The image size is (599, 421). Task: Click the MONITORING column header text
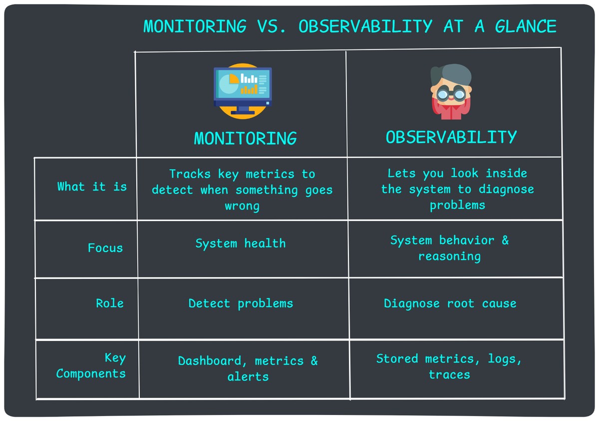245,138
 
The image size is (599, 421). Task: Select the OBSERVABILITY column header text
451,137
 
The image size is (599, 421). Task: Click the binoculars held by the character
451,93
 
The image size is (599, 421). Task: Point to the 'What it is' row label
92,187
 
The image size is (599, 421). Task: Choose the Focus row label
105,248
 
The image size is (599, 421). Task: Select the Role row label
110,303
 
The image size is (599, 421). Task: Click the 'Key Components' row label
91,366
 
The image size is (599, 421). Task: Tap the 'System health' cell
241,243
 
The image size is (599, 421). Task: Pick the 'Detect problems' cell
241,303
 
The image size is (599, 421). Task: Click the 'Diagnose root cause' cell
450,303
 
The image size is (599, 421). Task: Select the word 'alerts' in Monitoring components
248,377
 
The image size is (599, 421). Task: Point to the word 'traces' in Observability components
449,375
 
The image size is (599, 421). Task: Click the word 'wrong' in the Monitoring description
242,206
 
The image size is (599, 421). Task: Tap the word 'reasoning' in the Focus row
449,256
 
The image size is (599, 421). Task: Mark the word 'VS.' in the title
273,26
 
